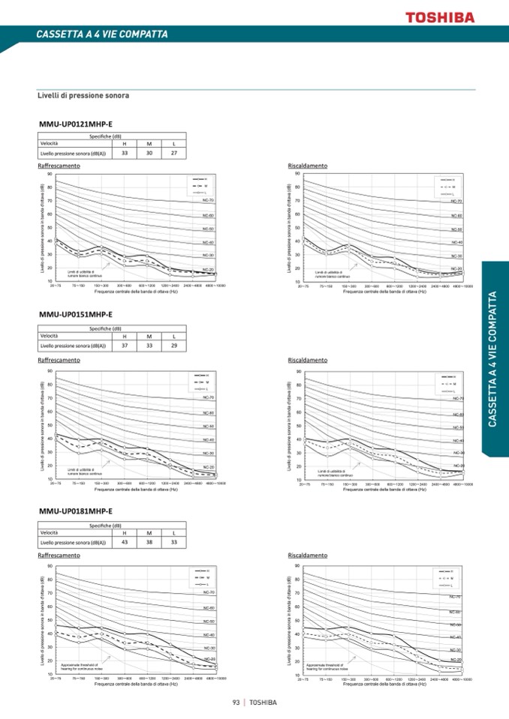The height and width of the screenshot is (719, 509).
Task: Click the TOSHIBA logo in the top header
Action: [x=440, y=16]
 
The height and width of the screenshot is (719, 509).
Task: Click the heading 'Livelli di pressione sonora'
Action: [x=83, y=96]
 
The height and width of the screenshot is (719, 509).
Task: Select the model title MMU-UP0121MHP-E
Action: [x=75, y=124]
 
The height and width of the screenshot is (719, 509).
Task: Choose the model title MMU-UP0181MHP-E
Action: [x=75, y=512]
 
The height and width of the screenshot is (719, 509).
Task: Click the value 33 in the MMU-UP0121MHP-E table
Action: [x=125, y=152]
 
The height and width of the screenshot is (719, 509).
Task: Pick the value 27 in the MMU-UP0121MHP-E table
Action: [x=173, y=152]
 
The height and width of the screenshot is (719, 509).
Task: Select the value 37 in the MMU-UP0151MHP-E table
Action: [x=125, y=346]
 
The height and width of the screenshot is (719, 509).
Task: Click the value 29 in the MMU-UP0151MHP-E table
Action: [x=173, y=346]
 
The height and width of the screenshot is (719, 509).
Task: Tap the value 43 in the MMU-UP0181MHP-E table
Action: [x=125, y=541]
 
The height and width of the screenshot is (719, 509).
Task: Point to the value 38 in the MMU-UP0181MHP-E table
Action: [x=149, y=541]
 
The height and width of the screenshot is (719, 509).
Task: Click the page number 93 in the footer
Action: [x=236, y=703]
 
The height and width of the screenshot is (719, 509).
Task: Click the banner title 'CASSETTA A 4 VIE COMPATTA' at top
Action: [x=102, y=34]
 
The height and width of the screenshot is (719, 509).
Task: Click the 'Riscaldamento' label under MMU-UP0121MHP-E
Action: [x=308, y=165]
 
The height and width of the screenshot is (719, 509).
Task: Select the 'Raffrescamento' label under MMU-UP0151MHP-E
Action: [x=59, y=360]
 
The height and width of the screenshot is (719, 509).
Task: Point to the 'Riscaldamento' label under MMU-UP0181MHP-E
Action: [x=308, y=556]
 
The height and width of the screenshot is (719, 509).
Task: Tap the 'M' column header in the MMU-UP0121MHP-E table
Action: [x=149, y=143]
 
